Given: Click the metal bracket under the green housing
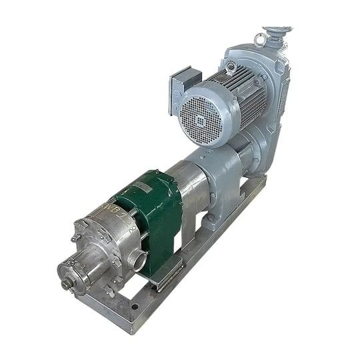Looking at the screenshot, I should tap(170, 273).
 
